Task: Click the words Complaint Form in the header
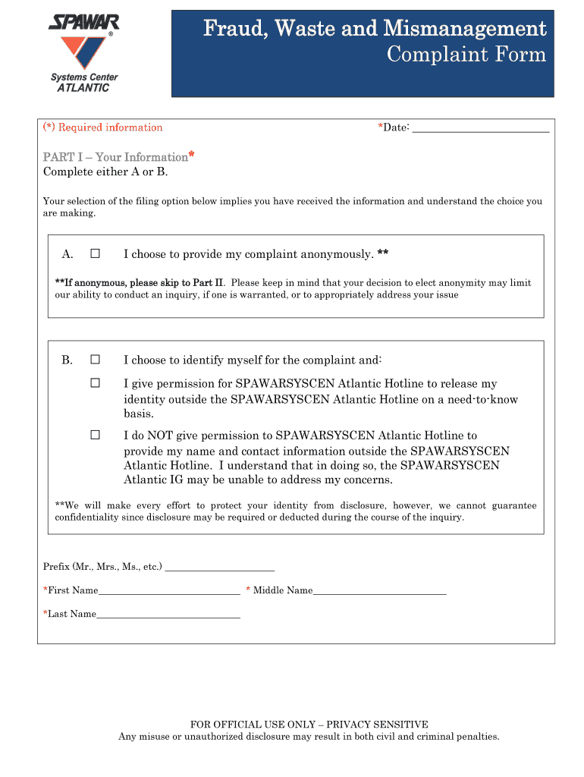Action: click(x=466, y=55)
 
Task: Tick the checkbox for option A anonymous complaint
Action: click(x=96, y=253)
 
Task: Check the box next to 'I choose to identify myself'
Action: click(x=96, y=360)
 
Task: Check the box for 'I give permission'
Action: click(x=96, y=384)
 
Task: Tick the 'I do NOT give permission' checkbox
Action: click(x=96, y=436)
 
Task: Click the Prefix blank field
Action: click(x=219, y=567)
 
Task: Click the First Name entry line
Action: click(x=169, y=590)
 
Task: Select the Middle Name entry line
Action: click(x=379, y=590)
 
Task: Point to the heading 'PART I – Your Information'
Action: click(x=115, y=157)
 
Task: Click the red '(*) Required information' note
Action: click(x=102, y=127)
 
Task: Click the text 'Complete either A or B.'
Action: click(x=105, y=171)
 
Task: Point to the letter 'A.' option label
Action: click(x=68, y=253)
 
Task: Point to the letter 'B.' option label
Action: click(x=68, y=360)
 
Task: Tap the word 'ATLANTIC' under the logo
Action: click(x=83, y=88)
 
